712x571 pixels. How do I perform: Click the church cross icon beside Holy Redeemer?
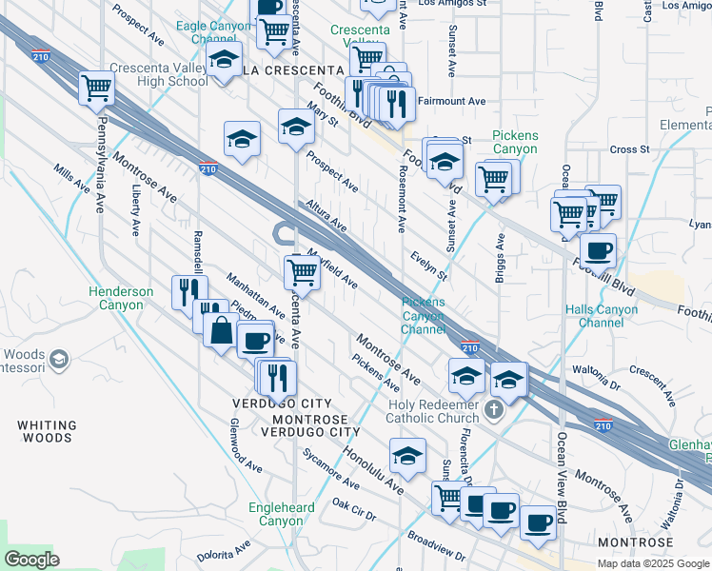[x=492, y=410]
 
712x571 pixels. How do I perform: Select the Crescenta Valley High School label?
[x=158, y=74]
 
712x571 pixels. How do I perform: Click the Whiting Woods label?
[x=45, y=430]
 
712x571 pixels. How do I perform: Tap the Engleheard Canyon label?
[x=281, y=514]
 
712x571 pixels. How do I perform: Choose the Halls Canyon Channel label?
[x=607, y=316]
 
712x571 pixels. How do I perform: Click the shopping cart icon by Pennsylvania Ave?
[x=97, y=88]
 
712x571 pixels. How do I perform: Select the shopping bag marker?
[x=221, y=331]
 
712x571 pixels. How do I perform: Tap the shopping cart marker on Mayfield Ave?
[x=303, y=271]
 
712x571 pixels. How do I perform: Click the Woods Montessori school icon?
[x=59, y=359]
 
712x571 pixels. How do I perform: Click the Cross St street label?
[x=629, y=149]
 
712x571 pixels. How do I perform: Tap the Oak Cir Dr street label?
[x=353, y=509]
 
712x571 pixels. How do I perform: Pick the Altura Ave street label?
[x=326, y=215]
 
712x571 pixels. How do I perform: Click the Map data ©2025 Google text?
[x=652, y=563]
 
